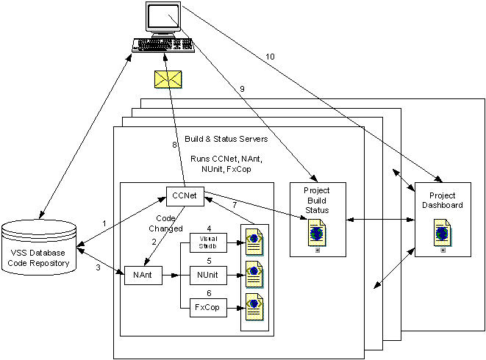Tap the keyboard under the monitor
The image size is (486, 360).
pos(162,45)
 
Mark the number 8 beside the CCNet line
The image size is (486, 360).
pos(174,145)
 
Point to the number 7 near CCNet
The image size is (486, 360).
pos(234,204)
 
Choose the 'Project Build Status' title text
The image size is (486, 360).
pos(318,200)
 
